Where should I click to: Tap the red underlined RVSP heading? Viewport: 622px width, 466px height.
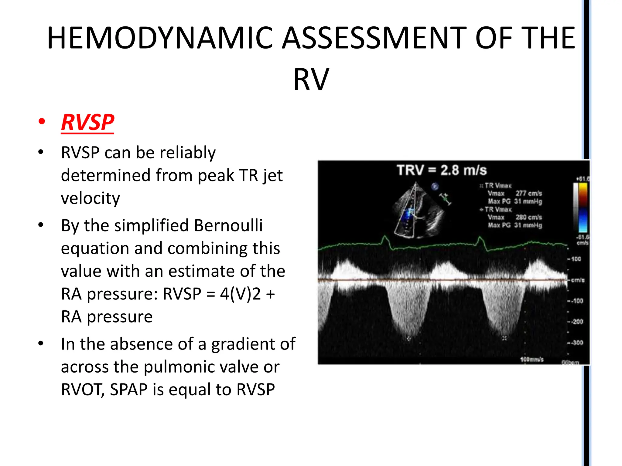click(x=87, y=122)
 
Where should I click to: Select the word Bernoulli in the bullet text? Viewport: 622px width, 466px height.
click(x=228, y=225)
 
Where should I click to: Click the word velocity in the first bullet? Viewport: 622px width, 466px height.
click(x=90, y=198)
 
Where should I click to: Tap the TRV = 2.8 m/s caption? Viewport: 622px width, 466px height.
click(x=442, y=170)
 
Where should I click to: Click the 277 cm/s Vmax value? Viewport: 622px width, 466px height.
click(x=528, y=193)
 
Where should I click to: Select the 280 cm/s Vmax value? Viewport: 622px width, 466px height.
click(x=528, y=217)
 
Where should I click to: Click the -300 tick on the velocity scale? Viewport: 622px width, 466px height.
click(x=577, y=343)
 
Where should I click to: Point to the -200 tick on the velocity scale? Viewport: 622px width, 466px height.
click(x=577, y=322)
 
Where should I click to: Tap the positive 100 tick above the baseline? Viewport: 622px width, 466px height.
click(x=576, y=259)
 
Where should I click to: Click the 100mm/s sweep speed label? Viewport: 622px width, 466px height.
click(x=531, y=360)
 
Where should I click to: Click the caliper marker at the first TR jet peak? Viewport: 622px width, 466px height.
click(x=409, y=338)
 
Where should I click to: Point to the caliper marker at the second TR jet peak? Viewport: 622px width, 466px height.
click(x=504, y=338)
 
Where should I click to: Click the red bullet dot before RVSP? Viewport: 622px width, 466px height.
click(x=42, y=122)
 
